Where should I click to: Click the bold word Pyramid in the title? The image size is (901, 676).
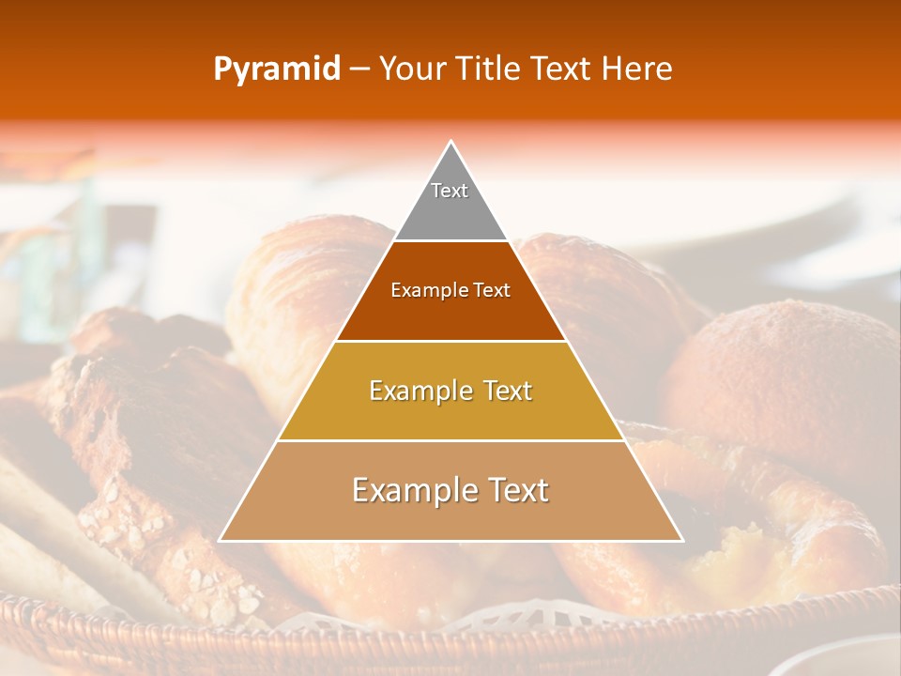pyautogui.click(x=276, y=69)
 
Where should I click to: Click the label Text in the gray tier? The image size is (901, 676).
pyautogui.click(x=450, y=191)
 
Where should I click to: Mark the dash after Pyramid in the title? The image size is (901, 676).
pyautogui.click(x=359, y=69)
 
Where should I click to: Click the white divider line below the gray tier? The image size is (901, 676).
pyautogui.click(x=450, y=241)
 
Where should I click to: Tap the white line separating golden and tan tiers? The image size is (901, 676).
pyautogui.click(x=450, y=440)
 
